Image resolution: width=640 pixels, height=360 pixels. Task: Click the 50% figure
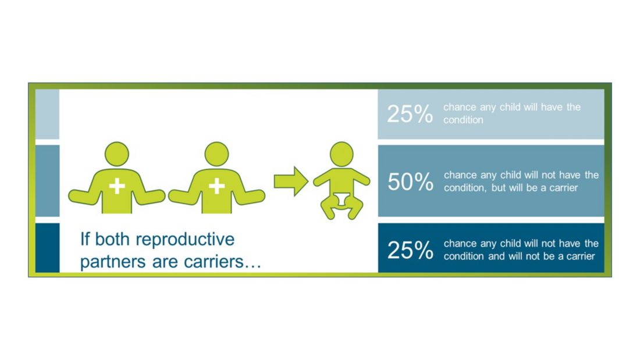tap(410, 181)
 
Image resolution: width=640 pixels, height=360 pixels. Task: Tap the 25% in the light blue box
tap(410, 114)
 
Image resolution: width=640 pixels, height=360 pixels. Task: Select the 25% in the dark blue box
tap(410, 250)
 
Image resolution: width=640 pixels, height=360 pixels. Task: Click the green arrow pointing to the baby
tap(290, 181)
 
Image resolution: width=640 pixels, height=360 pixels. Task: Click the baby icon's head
tap(341, 154)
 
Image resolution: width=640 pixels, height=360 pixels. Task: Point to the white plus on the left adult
tap(117, 186)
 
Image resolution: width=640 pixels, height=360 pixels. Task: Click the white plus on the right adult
tap(217, 186)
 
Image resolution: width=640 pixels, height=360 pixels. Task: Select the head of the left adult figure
tap(117, 154)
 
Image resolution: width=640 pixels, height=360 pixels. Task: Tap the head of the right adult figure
tap(216, 154)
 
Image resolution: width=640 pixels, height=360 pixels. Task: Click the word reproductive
tap(185, 240)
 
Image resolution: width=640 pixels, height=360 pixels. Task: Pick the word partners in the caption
tap(113, 262)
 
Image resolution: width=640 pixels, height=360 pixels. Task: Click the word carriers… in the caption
tap(222, 262)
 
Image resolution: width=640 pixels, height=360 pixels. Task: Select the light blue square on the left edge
tap(47, 115)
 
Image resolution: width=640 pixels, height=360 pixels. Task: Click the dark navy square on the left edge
tap(47, 248)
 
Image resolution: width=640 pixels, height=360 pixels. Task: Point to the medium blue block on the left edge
tap(47, 181)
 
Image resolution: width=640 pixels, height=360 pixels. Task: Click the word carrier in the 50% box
tap(563, 188)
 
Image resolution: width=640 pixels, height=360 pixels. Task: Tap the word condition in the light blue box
tap(463, 120)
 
